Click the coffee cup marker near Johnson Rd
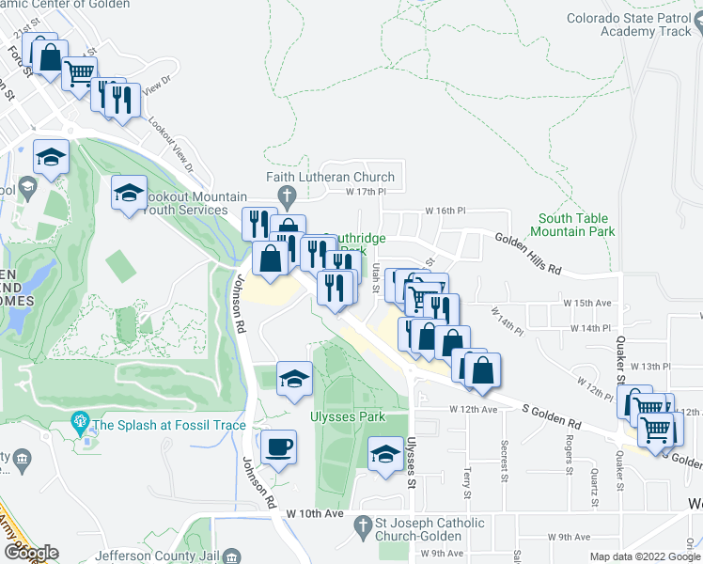point(277,447)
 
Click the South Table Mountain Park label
point(572,225)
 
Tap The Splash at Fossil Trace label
point(168,425)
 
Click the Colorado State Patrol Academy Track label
point(628,24)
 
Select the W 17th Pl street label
point(367,192)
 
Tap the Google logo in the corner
point(30,553)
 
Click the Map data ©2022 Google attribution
point(645,556)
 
